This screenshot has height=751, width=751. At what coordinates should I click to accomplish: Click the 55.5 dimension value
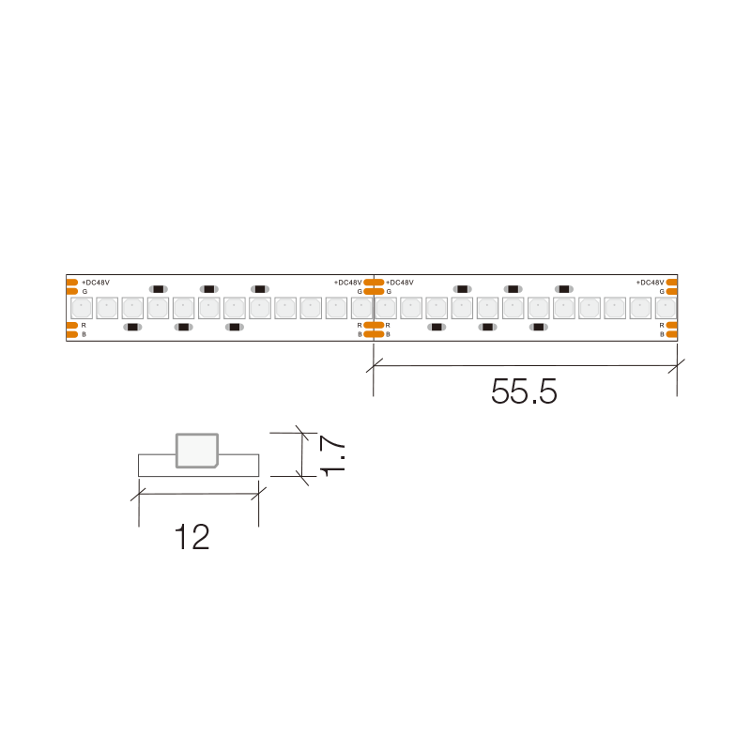click(x=524, y=391)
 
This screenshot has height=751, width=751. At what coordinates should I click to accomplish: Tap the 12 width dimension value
click(x=192, y=537)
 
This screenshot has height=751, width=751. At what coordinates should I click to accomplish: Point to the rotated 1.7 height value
click(x=332, y=455)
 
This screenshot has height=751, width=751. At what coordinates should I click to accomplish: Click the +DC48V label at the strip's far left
click(x=96, y=283)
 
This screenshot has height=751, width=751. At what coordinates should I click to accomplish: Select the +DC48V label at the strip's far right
click(x=650, y=283)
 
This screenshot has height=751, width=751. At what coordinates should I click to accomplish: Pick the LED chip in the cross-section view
click(x=197, y=451)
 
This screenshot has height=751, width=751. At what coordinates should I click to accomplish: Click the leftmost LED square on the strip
click(x=82, y=308)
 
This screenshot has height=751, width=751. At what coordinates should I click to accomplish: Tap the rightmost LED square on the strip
click(x=666, y=308)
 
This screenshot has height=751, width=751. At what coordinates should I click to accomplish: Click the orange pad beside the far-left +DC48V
click(x=72, y=283)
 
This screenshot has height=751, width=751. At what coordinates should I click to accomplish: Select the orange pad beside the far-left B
click(x=72, y=334)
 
